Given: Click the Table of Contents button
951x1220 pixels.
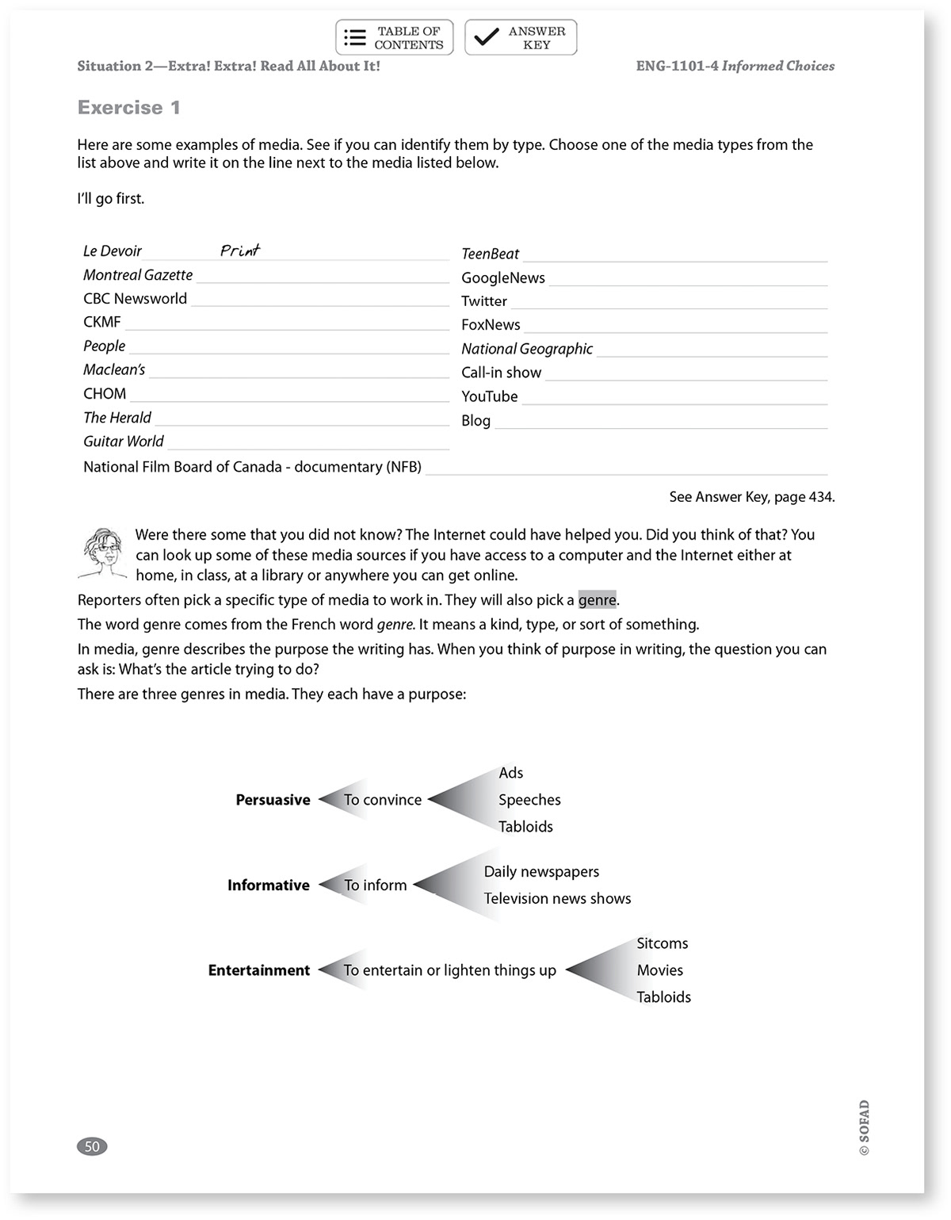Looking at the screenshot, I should [x=394, y=37].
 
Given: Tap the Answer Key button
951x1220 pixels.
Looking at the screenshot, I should [x=521, y=37].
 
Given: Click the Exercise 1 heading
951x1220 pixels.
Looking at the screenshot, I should [x=129, y=108].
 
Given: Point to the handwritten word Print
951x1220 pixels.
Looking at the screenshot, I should [x=240, y=251].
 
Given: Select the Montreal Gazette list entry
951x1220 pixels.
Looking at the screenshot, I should [x=138, y=275].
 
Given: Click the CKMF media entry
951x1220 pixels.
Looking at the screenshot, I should [x=102, y=322].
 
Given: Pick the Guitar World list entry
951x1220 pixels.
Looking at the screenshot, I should [x=124, y=442].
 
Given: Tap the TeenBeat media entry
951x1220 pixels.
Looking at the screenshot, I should [x=490, y=254].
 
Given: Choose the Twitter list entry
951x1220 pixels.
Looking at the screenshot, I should [x=484, y=301].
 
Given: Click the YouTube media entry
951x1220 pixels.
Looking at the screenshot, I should [x=489, y=396].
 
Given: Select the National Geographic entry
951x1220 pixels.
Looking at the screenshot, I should [x=527, y=349].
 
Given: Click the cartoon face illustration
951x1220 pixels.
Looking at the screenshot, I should [x=104, y=552].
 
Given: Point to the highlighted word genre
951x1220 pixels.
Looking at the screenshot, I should [x=597, y=600].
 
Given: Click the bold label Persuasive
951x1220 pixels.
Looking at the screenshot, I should [x=273, y=800].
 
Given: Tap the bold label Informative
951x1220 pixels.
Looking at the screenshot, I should [x=268, y=885].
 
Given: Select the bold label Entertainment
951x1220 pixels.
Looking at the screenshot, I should [x=259, y=970].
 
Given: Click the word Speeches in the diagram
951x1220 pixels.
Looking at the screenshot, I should [x=529, y=800].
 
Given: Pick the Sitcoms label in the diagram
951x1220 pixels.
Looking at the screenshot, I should [x=663, y=943].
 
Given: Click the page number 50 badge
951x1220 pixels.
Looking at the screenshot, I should [x=92, y=1146].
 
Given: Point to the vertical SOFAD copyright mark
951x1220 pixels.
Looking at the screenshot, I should [x=864, y=1127].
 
